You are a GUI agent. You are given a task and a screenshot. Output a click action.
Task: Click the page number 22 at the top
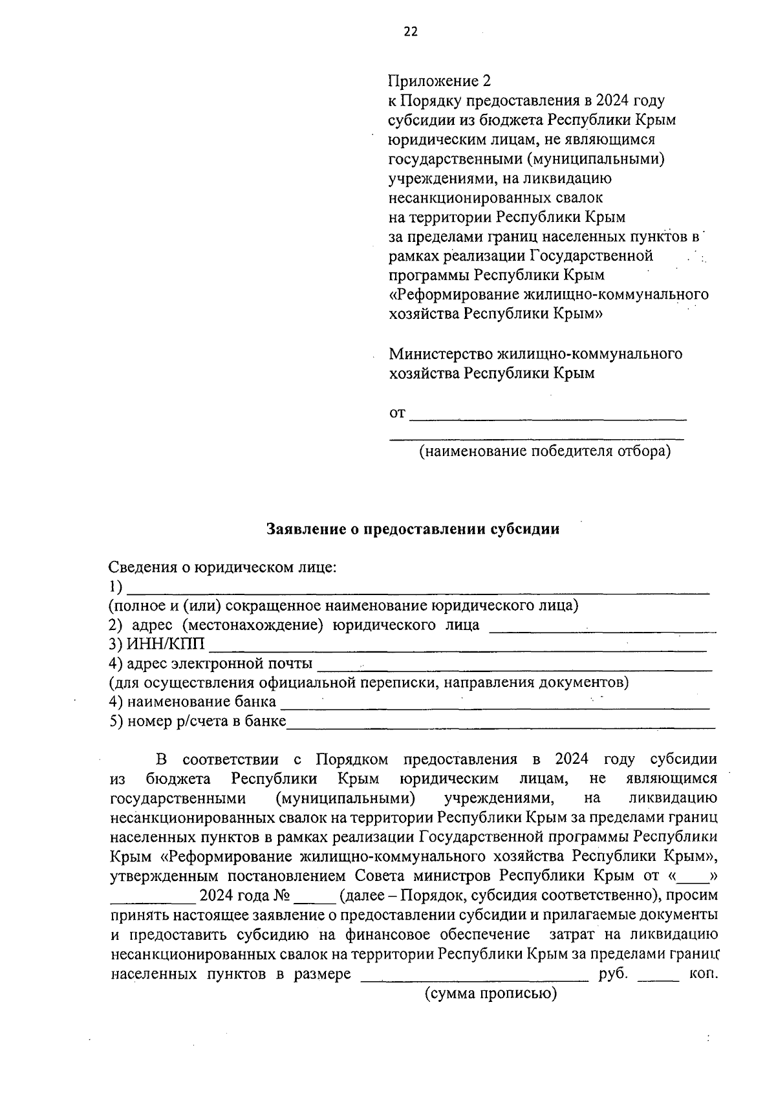click(x=411, y=32)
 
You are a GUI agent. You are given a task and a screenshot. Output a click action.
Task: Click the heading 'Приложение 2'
click(x=439, y=81)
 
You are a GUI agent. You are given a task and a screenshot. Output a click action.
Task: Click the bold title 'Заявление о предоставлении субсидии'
click(x=413, y=529)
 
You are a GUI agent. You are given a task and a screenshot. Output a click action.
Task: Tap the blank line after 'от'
click(x=548, y=416)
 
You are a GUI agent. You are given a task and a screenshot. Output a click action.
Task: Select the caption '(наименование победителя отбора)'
click(x=544, y=451)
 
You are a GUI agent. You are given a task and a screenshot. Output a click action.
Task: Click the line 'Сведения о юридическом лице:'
click(x=223, y=568)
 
